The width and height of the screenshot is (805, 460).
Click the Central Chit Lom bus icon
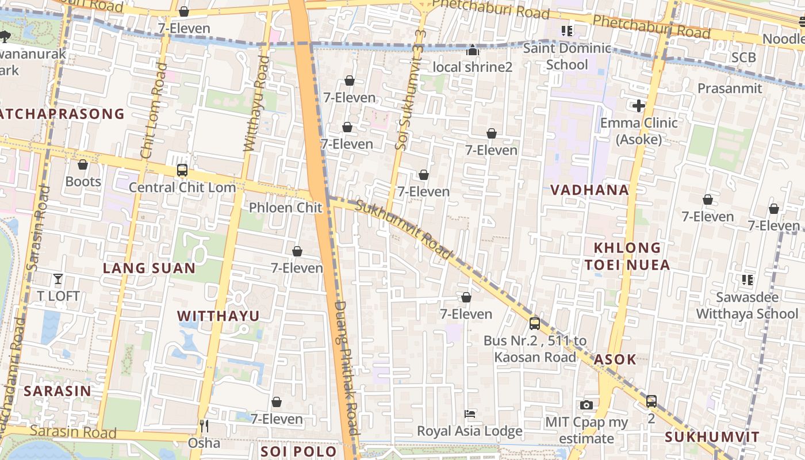pos(182,170)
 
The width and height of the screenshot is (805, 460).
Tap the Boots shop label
pos(83,182)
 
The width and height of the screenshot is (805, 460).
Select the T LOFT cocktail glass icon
pos(58,279)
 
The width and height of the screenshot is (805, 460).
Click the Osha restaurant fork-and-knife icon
pos(204,426)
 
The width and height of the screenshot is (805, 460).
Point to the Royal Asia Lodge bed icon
pos(470,414)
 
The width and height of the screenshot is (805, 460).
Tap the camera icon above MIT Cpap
pos(586,405)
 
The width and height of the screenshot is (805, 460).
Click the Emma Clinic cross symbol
pos(638,106)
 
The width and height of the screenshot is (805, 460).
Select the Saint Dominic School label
pos(567,56)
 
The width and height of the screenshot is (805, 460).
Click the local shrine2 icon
pos(473,51)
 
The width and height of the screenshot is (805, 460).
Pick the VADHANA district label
pos(589,190)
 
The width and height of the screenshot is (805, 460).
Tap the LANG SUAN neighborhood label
pos(149,268)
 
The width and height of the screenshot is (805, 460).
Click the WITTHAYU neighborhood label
pos(218,316)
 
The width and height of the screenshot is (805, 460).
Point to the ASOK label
pos(615,360)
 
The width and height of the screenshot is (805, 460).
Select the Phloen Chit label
pos(285,208)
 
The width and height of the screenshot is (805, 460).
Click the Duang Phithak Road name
pos(347,368)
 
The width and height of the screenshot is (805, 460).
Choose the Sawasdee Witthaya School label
pos(747,305)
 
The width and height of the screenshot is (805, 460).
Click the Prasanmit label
pos(729,88)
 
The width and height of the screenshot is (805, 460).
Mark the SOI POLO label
pos(298,451)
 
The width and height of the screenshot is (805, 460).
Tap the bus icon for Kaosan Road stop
pos(534,323)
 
